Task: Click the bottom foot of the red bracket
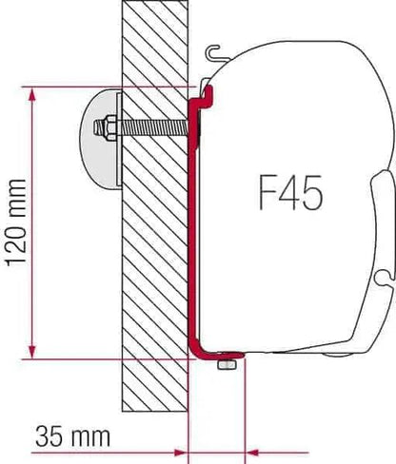[x=219, y=354]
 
